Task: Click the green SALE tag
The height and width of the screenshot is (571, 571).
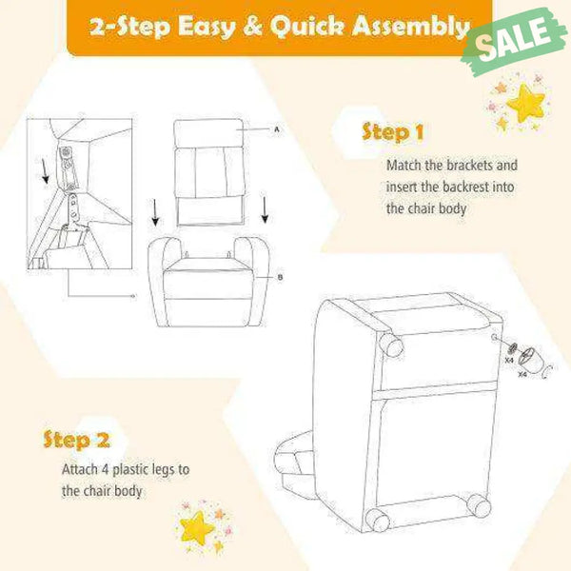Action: pos(514,41)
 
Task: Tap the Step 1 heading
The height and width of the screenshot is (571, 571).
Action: pos(393,132)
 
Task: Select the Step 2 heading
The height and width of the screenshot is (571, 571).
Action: pos(76,440)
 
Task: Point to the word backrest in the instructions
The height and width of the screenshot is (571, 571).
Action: pos(465,187)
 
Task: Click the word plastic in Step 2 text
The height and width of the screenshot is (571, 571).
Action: pos(130,470)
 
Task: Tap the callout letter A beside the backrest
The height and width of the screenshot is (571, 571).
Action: pos(277,129)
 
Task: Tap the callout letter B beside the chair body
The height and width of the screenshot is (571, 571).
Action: pos(280,278)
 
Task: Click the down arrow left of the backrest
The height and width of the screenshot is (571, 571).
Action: pos(155,212)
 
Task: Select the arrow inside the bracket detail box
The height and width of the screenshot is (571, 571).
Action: pos(45,170)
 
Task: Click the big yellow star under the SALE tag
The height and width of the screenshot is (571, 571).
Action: pos(525,103)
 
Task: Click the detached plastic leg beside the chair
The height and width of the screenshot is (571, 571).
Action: pos(532,360)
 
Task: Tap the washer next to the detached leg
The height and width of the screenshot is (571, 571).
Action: pos(512,348)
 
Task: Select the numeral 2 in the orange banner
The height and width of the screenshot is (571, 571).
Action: pos(99,27)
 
